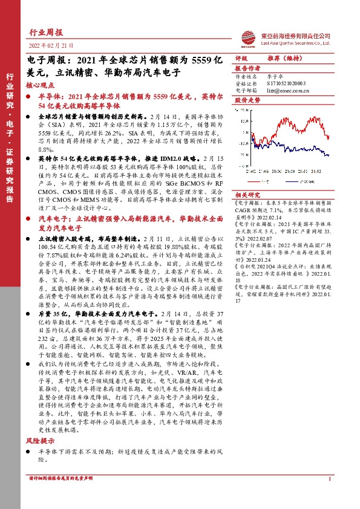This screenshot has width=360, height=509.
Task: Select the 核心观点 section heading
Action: tap(41, 86)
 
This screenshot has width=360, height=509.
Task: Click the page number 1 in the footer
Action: tap(330, 496)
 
